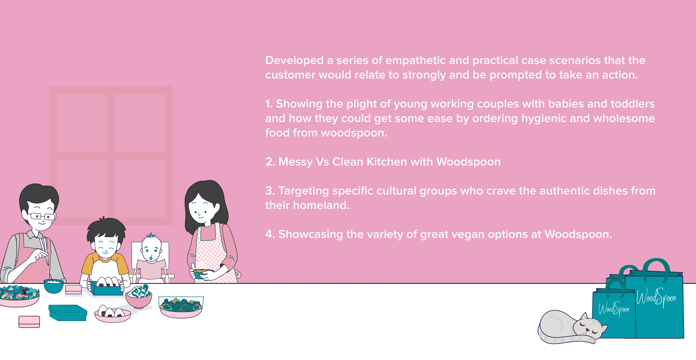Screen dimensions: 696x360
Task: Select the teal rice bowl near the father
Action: pyautogui.click(x=54, y=286)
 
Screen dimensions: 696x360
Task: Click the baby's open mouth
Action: pyautogui.click(x=151, y=256)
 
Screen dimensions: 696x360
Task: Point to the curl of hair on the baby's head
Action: pyautogui.click(x=151, y=235)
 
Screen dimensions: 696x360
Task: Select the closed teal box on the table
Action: pyautogui.click(x=68, y=313)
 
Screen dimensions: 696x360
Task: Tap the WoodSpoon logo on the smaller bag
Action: pyautogui.click(x=614, y=309)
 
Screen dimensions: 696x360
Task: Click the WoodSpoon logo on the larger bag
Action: pyautogui.click(x=656, y=297)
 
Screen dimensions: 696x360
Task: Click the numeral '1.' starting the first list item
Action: pyautogui.click(x=269, y=104)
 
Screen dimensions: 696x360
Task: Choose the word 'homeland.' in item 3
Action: pyautogui.click(x=321, y=205)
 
